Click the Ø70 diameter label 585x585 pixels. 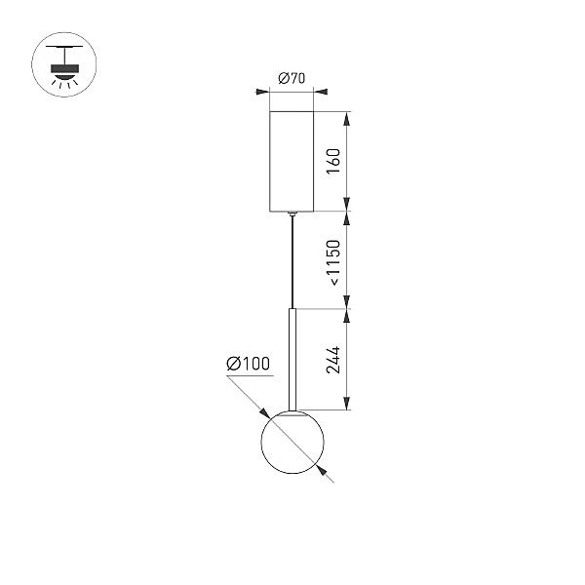292,78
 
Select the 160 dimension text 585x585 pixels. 333,161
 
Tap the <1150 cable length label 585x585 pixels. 333,262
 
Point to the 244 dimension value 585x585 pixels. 333,360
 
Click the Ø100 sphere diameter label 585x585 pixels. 248,364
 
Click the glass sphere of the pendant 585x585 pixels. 292,442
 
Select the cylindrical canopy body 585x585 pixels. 292,161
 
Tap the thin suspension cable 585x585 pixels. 292,262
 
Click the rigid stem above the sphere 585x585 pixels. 292,359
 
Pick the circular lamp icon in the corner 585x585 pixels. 64,64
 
